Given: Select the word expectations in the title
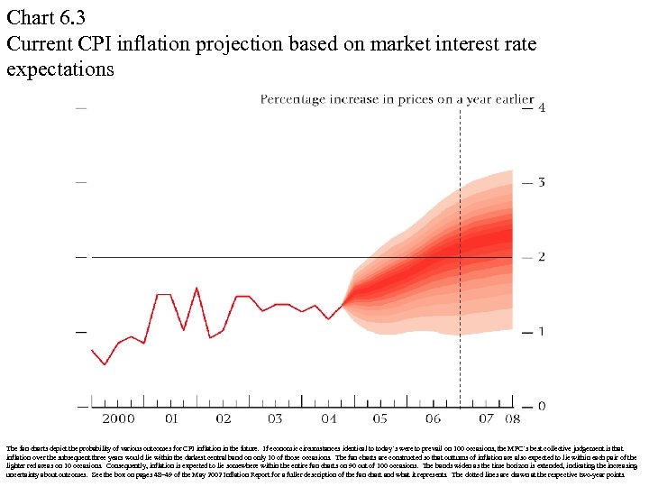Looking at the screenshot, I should (x=59, y=69).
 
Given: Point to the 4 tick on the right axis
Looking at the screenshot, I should (x=541, y=107).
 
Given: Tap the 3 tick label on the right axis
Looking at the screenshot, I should (x=541, y=182).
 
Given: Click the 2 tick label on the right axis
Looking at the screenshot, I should (x=541, y=257).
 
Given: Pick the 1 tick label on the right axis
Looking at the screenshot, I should (x=541, y=332).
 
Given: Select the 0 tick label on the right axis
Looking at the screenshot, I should (x=541, y=407).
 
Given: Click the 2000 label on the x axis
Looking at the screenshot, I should (x=118, y=418).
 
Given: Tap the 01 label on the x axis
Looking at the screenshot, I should (x=170, y=418).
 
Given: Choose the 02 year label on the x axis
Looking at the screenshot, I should (x=223, y=418).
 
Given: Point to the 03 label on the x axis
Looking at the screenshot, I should (x=275, y=418).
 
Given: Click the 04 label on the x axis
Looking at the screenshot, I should (x=327, y=418).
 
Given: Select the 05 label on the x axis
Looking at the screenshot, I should (x=379, y=418).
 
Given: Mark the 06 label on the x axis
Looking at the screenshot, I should (x=433, y=418).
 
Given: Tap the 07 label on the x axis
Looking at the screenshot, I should (x=486, y=418).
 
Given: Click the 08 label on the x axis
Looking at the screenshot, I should (x=511, y=418).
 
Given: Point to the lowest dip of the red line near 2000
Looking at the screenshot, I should (x=105, y=364).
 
